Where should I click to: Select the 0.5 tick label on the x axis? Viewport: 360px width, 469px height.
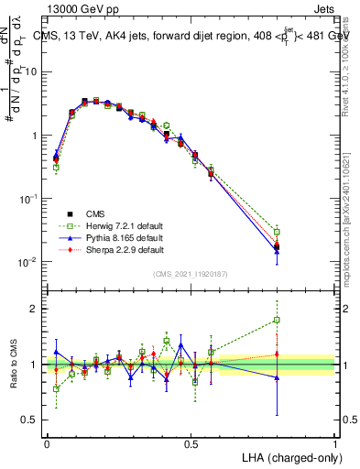[x=191, y=443]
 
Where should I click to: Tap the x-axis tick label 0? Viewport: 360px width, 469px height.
[x=47, y=443]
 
